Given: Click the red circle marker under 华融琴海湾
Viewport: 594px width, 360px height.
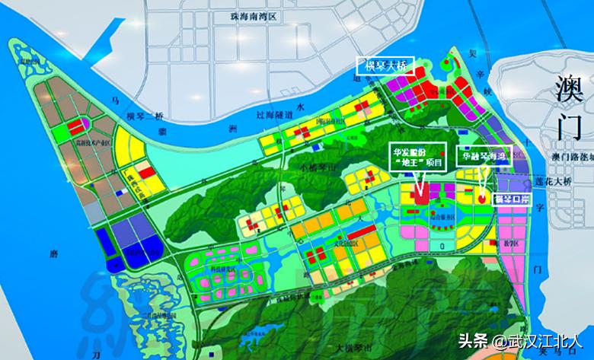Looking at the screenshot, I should (x=482, y=197).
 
